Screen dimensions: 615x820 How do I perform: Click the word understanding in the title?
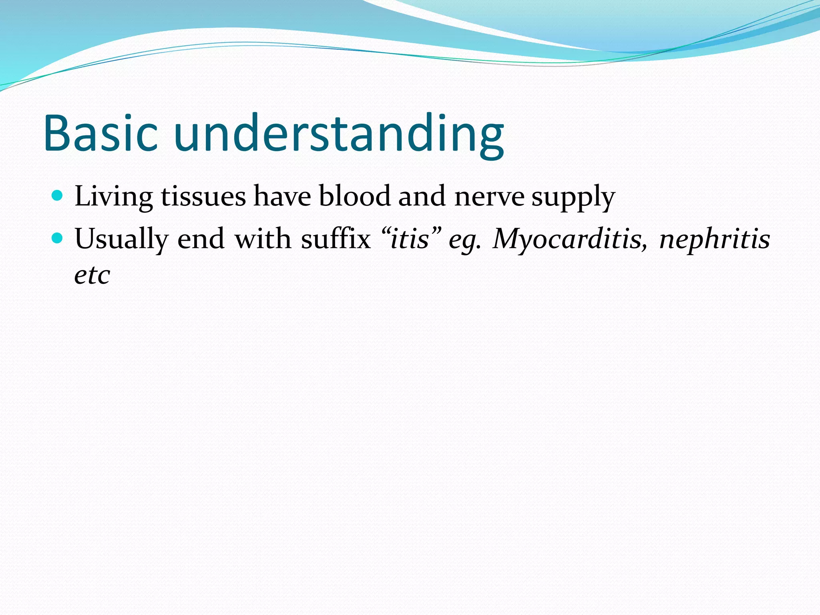click(339, 134)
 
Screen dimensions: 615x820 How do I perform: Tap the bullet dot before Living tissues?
click(58, 195)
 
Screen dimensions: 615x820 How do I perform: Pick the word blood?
click(354, 196)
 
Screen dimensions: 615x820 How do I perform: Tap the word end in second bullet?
click(201, 239)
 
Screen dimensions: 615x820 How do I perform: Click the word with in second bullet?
click(263, 239)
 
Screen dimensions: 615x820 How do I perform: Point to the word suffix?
click(336, 239)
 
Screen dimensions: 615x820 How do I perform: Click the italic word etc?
click(92, 275)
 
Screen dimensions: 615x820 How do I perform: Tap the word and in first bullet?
click(422, 196)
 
